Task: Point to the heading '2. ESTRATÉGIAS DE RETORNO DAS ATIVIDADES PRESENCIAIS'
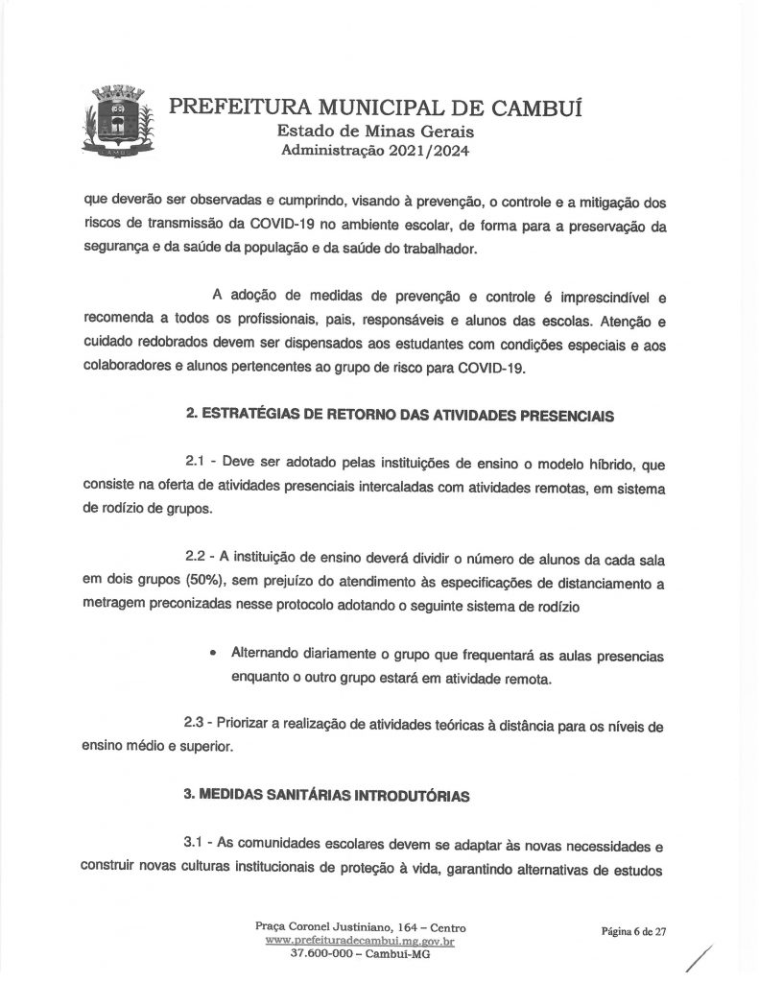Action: [x=399, y=417]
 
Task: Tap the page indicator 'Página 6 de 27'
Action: [x=633, y=930]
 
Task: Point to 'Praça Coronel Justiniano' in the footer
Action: [x=321, y=928]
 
